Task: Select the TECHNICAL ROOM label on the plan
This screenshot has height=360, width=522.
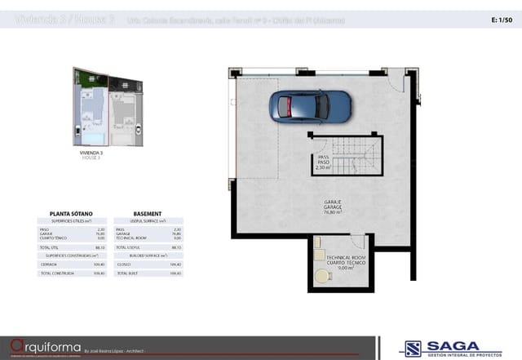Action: coord(344,256)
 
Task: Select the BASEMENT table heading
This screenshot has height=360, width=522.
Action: coord(147,213)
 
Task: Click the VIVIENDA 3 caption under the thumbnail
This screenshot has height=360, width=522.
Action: coord(91,153)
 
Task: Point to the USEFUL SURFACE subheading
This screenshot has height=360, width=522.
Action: coord(150,221)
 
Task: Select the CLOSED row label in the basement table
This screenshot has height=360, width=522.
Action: coord(123,264)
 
